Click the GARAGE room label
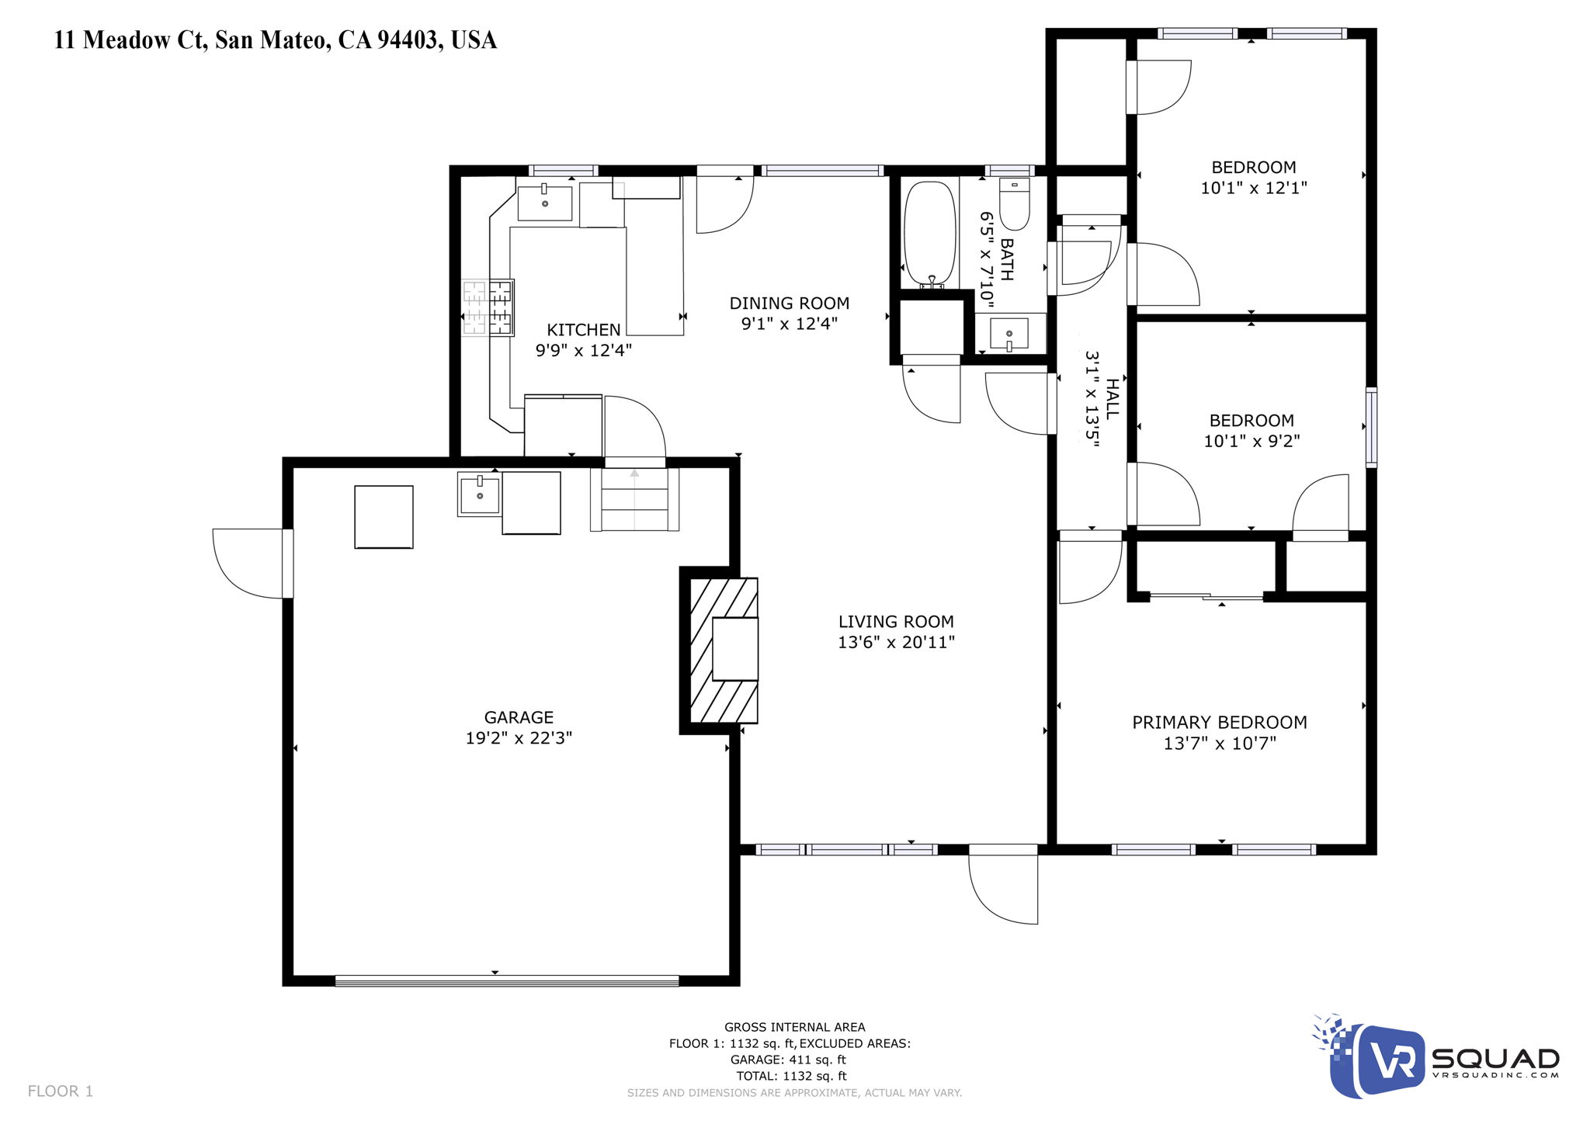click(519, 717)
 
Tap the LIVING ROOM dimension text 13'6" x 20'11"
click(896, 642)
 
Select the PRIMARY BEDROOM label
click(1219, 723)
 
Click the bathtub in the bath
click(929, 234)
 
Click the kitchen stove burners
click(488, 308)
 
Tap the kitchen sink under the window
click(545, 203)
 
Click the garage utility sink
click(480, 495)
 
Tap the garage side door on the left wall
click(250, 563)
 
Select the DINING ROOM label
click(789, 304)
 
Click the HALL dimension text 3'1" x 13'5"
click(1092, 400)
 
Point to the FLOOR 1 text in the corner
click(61, 1091)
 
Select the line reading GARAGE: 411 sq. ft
click(787, 1060)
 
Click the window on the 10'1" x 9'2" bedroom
click(1371, 427)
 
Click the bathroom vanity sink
click(1009, 333)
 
